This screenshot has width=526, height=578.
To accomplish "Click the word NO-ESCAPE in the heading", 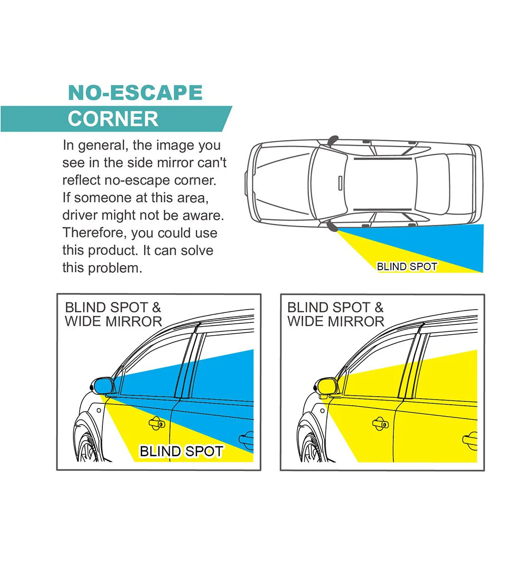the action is coord(135,92).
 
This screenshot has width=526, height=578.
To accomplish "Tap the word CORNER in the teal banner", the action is coord(113,119).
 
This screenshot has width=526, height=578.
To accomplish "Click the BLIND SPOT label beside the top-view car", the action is coord(407,267).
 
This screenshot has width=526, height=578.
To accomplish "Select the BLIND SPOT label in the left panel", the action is coord(181,451).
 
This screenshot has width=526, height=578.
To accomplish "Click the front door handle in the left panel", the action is coord(157,423).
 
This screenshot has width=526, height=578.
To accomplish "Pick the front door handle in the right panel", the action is coord(381,423).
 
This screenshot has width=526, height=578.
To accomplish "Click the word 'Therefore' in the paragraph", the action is coord(95,233).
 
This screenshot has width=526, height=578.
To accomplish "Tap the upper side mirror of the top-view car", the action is coord(333,141).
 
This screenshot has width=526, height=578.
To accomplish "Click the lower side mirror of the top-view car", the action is coord(332,226).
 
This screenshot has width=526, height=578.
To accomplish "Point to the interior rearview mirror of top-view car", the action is coord(340,183).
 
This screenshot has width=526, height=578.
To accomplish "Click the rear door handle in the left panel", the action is coord(246,440).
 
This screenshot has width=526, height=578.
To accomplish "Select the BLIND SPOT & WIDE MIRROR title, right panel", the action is coord(336,314).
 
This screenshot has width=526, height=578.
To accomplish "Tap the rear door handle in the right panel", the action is coord(470,441).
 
